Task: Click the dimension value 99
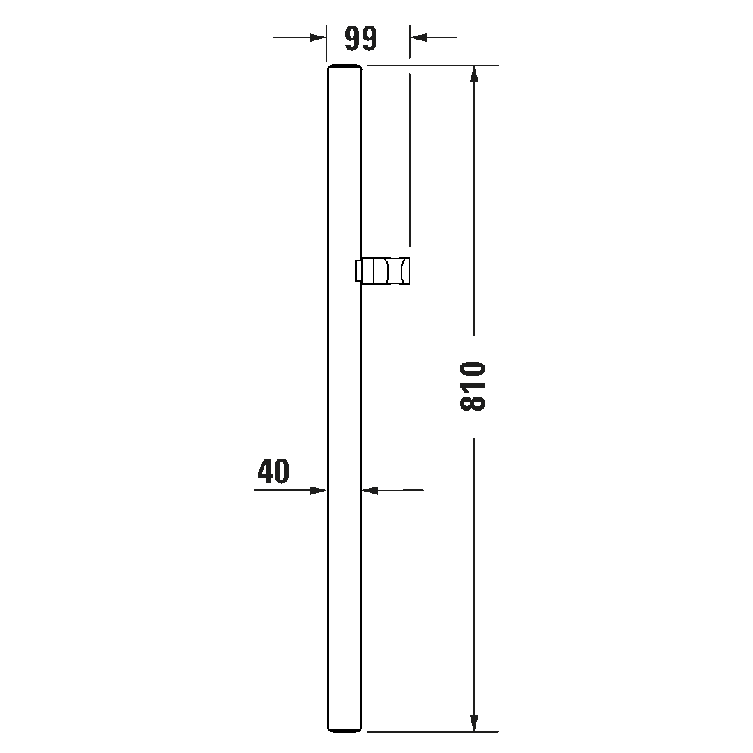tap(361, 38)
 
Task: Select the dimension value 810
tap(473, 386)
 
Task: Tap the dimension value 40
tap(273, 471)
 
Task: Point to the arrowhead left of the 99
tap(318, 37)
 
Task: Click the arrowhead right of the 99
tap(418, 37)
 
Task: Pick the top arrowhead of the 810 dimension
tap(474, 74)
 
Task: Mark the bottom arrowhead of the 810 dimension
tap(474, 723)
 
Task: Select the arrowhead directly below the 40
tap(318, 490)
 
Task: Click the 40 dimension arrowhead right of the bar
tap(370, 490)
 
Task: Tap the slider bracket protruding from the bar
tap(382, 271)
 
